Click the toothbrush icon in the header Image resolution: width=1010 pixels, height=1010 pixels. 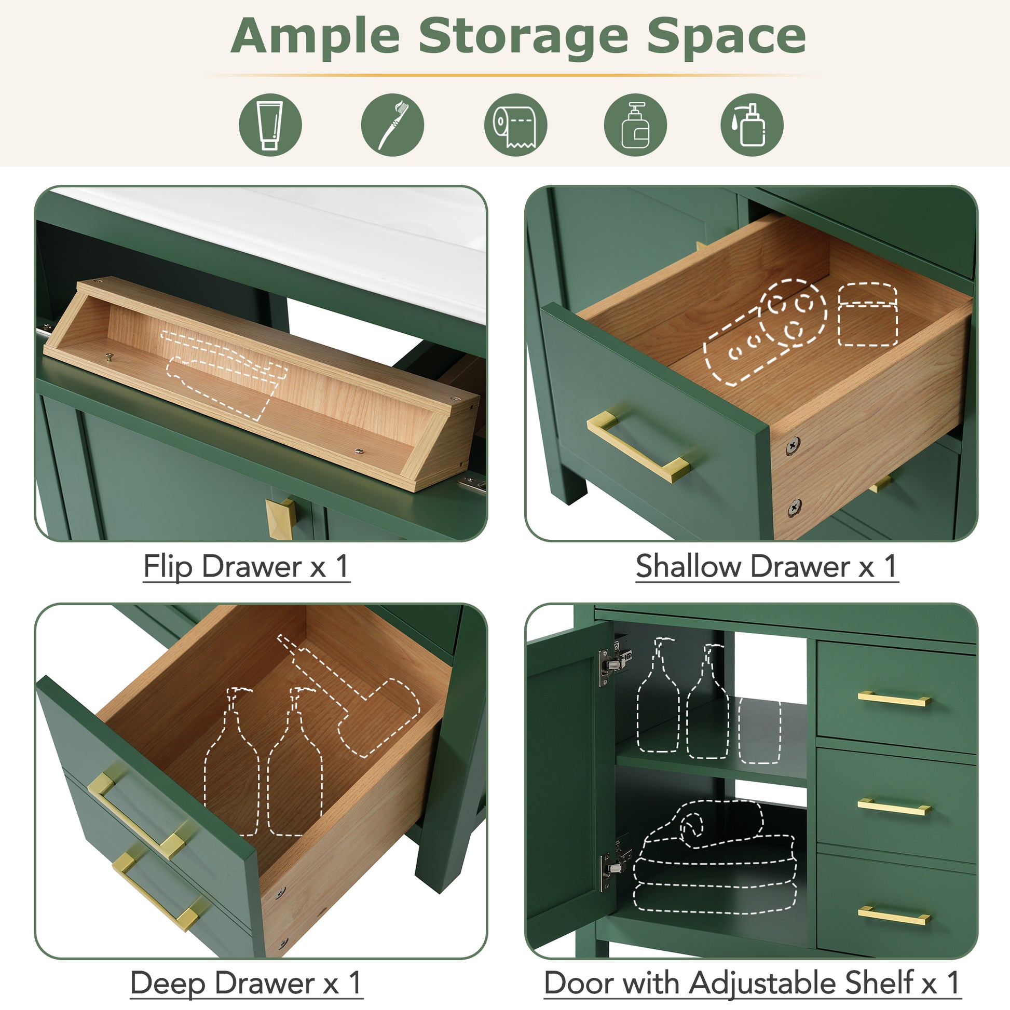point(392,125)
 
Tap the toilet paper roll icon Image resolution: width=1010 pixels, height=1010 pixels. point(515,125)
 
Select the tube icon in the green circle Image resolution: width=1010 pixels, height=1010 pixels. point(270,125)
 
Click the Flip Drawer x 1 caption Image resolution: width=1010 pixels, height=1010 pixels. point(246,566)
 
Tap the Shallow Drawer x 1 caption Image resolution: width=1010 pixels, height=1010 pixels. point(767,566)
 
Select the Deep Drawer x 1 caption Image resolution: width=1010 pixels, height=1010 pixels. point(245,983)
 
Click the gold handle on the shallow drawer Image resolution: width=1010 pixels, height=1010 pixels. point(637,445)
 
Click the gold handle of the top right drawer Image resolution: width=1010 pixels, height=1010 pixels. point(894,698)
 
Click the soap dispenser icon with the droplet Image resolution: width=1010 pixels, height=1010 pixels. point(751,125)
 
